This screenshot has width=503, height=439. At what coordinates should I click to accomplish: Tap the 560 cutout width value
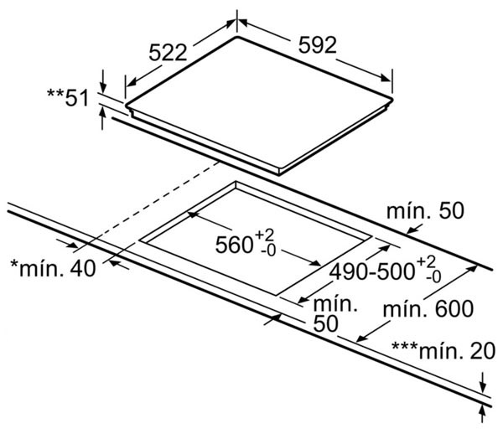235,245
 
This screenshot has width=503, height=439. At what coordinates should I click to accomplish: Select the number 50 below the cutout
328,323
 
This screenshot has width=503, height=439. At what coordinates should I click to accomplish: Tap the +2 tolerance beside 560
267,234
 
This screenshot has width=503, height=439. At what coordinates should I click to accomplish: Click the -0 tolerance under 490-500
433,276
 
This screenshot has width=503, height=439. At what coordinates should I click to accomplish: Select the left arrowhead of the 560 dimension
192,215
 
